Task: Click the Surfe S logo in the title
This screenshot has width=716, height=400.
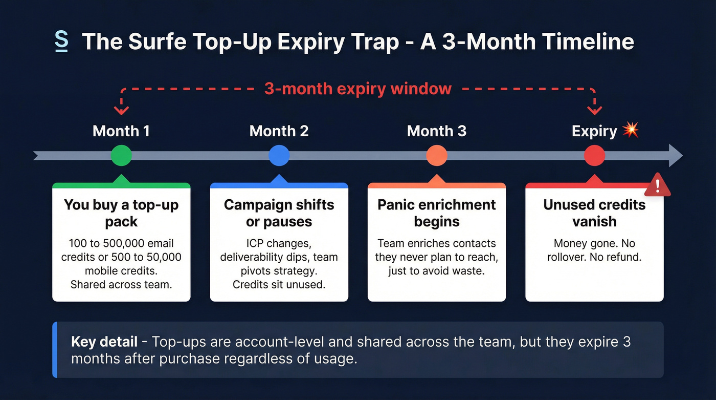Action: coord(61,41)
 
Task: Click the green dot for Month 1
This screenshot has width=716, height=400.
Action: coord(121,156)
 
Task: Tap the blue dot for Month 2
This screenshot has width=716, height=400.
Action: coord(279,156)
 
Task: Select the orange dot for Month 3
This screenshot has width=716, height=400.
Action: coord(436,156)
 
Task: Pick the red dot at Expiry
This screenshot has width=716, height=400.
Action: coord(594,156)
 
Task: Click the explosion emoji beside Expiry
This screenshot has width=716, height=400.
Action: coord(631,131)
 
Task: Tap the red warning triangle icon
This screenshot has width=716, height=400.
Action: coord(657,185)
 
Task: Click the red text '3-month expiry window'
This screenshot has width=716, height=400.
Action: coord(357,89)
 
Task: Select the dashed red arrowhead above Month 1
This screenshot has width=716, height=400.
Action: coord(121,110)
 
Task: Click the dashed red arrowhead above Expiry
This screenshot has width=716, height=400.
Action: coord(594,110)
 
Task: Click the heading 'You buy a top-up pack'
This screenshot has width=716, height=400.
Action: coord(121,213)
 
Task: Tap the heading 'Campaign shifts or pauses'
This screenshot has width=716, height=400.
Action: coord(279,213)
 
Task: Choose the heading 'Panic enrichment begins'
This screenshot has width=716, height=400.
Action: coord(436,213)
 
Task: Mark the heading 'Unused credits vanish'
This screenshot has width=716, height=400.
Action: coord(594,213)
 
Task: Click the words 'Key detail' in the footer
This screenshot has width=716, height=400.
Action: coord(104,342)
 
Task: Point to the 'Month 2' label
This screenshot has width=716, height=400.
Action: coord(279,131)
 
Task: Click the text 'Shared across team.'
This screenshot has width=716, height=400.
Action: coord(121,285)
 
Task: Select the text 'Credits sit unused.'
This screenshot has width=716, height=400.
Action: coord(279,285)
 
